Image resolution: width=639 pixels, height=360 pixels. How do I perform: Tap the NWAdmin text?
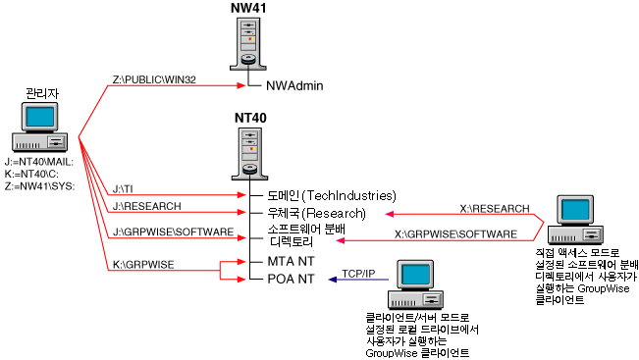click(294, 85)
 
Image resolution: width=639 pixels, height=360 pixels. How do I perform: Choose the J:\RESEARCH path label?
click(142, 207)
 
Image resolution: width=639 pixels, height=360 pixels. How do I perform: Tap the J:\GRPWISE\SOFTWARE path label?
click(174, 233)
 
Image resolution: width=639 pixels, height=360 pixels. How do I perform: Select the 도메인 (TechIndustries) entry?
click(332, 195)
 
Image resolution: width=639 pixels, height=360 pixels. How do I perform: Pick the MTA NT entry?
click(292, 262)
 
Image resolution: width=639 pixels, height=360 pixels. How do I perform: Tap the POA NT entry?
click(292, 280)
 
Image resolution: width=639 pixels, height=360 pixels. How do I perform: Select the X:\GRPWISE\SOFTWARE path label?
click(454, 233)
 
